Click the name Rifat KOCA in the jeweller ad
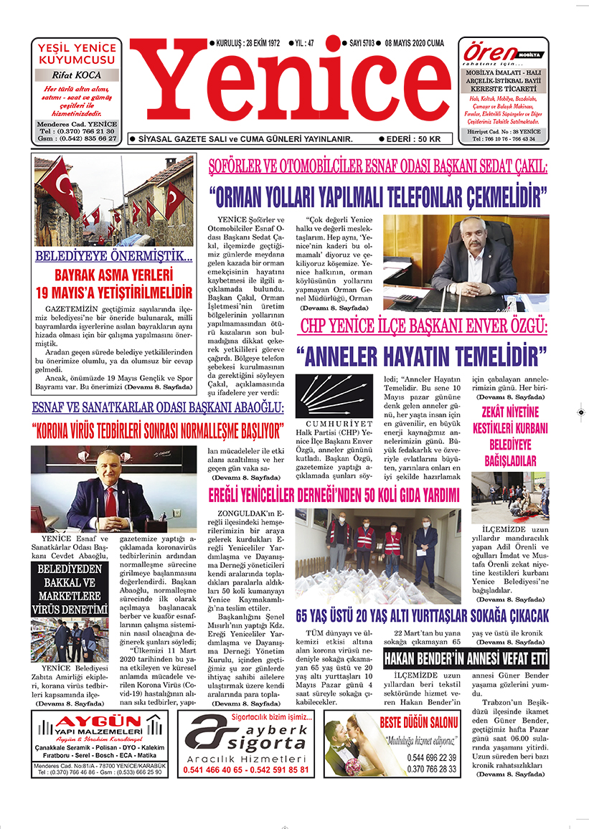tap(77, 75)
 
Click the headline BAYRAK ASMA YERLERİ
tap(115, 275)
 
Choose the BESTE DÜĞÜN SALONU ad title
tap(418, 721)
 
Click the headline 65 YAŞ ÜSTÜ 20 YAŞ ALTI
tap(423, 615)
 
